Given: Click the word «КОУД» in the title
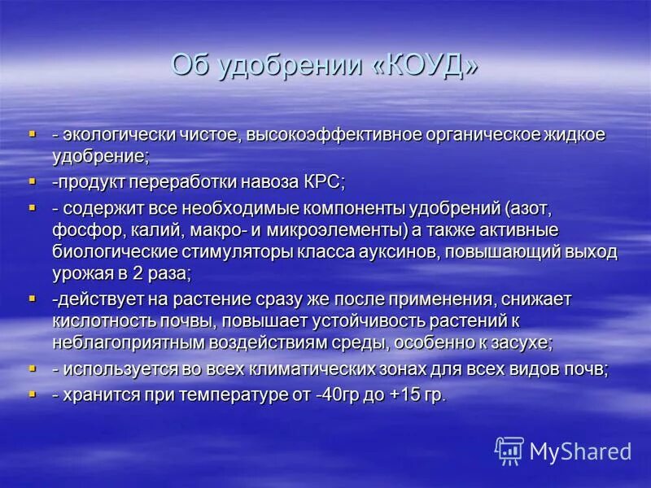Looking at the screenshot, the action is point(426,65).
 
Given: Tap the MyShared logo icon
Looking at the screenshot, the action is point(509,450).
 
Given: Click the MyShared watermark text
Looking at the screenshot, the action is point(580,451).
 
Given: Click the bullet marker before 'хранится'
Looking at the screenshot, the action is point(32,392).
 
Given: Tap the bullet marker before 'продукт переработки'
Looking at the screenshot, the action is point(32,179).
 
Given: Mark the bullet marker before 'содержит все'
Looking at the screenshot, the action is point(32,207).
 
